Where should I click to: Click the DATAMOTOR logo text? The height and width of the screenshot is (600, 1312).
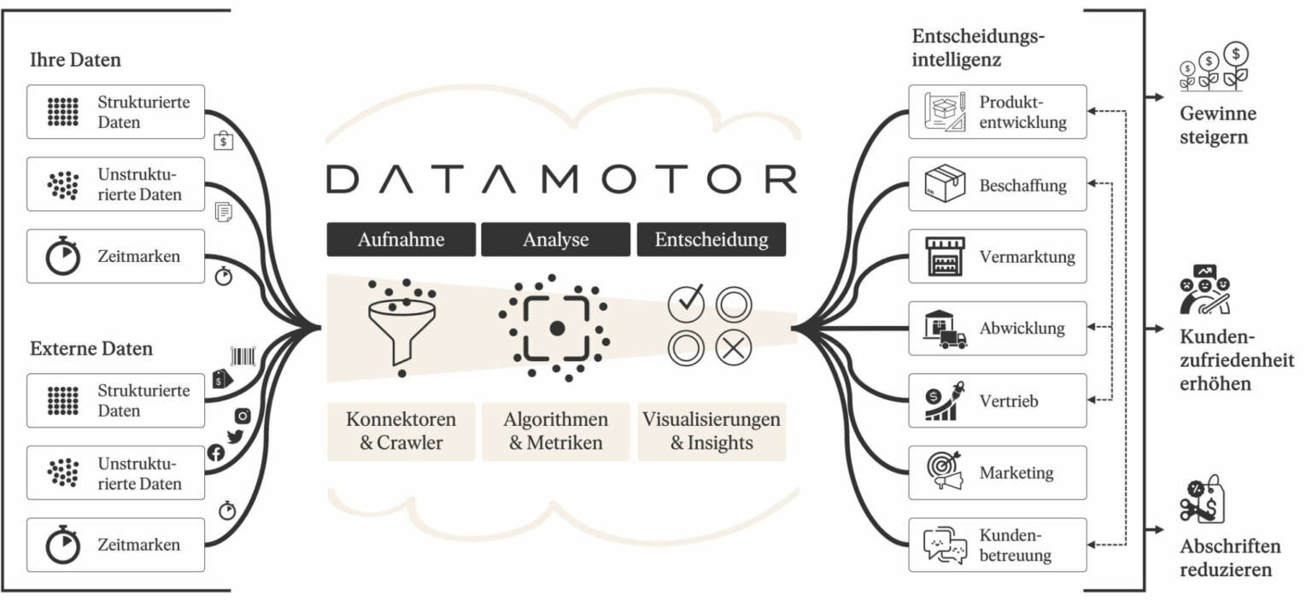(561, 179)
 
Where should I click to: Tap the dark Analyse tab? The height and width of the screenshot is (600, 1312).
(555, 240)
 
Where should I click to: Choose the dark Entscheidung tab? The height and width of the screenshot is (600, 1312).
(711, 240)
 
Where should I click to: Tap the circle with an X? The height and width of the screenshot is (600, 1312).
(734, 348)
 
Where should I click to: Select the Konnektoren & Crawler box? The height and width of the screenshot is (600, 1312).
(401, 431)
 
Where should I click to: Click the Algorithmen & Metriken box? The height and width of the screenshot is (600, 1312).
(555, 431)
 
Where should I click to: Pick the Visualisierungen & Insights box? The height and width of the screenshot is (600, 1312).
(711, 431)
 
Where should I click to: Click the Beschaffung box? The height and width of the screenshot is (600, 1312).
(997, 184)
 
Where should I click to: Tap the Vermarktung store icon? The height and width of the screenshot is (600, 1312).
(945, 257)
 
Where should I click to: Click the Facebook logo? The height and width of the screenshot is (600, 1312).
(216, 453)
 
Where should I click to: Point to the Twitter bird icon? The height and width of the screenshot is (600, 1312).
(236, 438)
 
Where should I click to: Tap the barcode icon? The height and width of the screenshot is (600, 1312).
(243, 356)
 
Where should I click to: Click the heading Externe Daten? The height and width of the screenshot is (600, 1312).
(91, 349)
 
